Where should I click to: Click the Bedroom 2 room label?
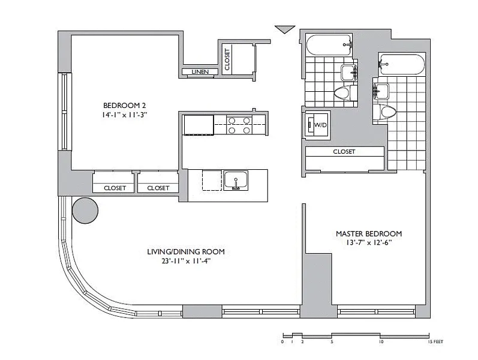(124, 106)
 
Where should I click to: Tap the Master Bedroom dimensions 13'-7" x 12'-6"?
(369, 243)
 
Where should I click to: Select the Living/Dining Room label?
(186, 251)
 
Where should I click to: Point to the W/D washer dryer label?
(320, 125)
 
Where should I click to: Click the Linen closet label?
(200, 71)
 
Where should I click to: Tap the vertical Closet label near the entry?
(227, 59)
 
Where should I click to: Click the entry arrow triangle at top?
(285, 29)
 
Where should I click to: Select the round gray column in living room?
(85, 211)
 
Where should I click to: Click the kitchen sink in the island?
(236, 181)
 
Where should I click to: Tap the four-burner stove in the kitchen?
(239, 125)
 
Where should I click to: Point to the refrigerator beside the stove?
(199, 125)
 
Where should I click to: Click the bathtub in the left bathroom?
(328, 45)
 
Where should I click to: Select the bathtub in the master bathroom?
(401, 64)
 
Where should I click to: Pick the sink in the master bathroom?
(381, 91)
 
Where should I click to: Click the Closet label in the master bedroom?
(344, 152)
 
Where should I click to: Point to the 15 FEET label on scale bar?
(435, 341)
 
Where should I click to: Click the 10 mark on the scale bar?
(381, 341)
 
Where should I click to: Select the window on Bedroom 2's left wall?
(64, 112)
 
